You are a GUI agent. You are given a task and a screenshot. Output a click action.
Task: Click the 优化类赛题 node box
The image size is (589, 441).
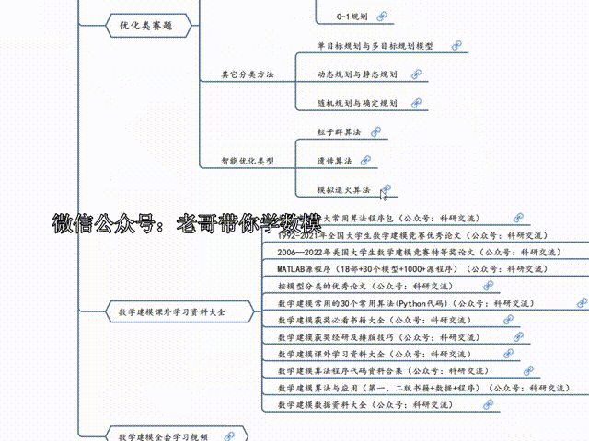141,27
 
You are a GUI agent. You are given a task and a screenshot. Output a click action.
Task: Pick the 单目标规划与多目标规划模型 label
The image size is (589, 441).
375,45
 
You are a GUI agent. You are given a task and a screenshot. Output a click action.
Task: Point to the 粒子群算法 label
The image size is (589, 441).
339,131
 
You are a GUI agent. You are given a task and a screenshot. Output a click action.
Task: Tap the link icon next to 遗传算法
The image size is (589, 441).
365,160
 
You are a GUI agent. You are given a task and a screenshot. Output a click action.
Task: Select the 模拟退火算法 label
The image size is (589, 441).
343,189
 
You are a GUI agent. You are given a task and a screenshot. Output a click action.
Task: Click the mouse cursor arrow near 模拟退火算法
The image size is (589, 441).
385,191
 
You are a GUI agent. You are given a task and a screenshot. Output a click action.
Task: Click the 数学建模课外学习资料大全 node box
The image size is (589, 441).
171,312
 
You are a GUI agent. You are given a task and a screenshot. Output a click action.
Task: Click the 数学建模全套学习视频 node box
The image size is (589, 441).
164,435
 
